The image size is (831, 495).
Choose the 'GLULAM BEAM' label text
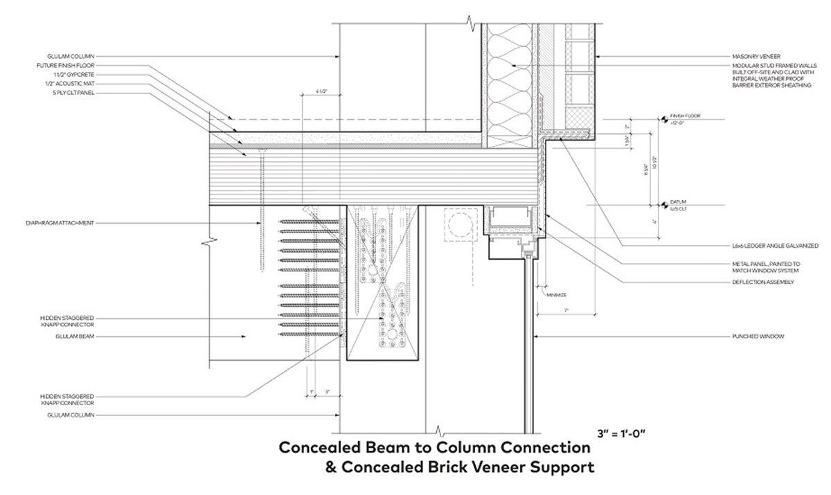(x=77, y=336)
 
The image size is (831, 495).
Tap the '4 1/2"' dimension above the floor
(x=321, y=91)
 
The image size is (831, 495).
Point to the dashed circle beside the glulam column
(x=456, y=226)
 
